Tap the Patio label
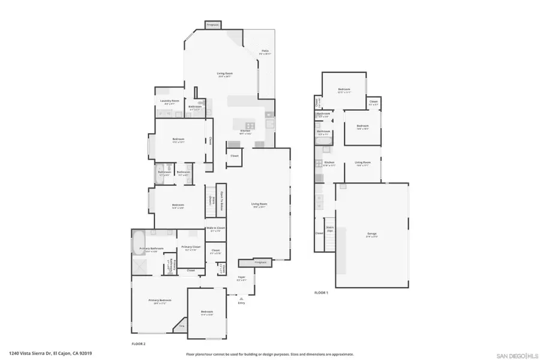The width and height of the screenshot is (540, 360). (265, 52)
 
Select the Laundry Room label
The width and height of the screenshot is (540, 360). (169, 101)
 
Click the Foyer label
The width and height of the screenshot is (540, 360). (241, 278)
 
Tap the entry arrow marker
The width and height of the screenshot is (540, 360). (241, 298)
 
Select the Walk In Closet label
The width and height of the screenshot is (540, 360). (215, 228)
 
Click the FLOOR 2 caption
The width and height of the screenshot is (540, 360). (139, 344)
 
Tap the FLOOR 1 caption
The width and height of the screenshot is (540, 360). (322, 293)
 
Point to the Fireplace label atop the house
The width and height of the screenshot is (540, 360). (213, 25)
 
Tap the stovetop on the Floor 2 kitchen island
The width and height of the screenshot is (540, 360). (249, 125)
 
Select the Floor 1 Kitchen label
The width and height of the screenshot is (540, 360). (329, 163)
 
